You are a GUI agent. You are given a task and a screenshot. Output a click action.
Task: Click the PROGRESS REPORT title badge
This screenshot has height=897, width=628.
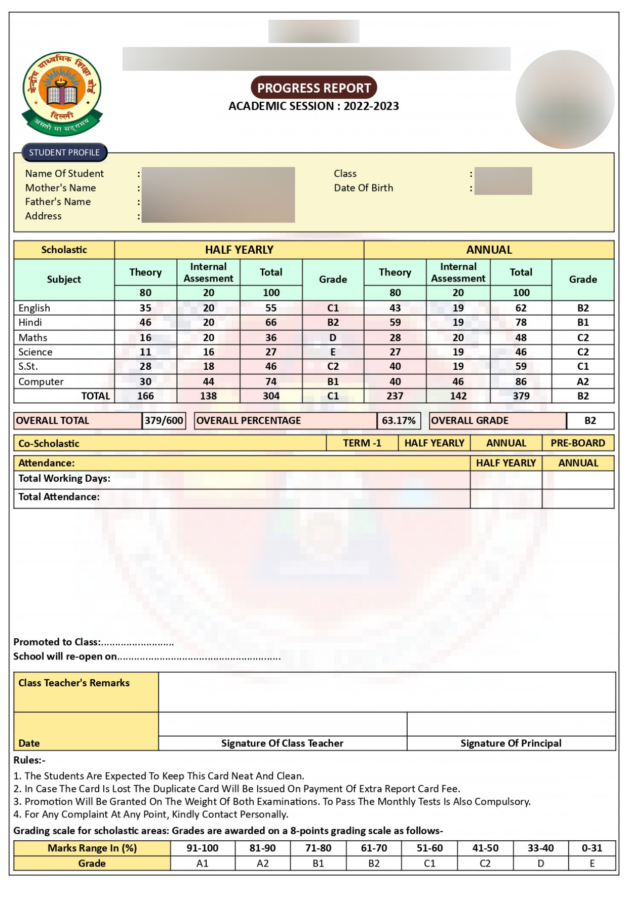pyautogui.click(x=313, y=88)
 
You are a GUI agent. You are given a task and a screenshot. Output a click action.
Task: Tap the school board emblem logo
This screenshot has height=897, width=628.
pyautogui.click(x=62, y=94)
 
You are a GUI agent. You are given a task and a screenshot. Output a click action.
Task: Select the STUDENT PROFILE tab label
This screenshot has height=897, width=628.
pyautogui.click(x=64, y=152)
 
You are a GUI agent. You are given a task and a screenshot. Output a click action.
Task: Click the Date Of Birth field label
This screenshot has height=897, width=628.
pyautogui.click(x=363, y=188)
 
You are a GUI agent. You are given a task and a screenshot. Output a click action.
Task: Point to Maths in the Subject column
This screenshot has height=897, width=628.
pyautogui.click(x=33, y=337)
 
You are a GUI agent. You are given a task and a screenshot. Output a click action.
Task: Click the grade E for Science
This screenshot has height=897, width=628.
pyautogui.click(x=333, y=352)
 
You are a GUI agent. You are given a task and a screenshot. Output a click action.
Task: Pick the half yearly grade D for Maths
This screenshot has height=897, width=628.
pyautogui.click(x=333, y=337)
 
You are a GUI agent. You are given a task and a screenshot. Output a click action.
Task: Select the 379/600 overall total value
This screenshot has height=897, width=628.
pyautogui.click(x=164, y=420)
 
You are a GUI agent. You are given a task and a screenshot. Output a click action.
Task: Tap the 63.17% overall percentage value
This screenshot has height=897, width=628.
pyautogui.click(x=399, y=420)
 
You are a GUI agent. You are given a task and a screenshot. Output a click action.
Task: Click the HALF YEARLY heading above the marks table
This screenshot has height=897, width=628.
pyautogui.click(x=239, y=250)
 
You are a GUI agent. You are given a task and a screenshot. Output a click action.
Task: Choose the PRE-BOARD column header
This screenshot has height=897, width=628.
pyautogui.click(x=578, y=443)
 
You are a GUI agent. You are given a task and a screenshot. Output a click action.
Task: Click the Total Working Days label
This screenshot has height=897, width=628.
pyautogui.click(x=64, y=479)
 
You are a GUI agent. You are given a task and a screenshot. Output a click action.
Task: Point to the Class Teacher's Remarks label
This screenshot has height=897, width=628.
pyautogui.click(x=74, y=683)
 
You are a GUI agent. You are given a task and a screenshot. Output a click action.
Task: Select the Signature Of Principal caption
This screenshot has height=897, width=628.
pyautogui.click(x=511, y=743)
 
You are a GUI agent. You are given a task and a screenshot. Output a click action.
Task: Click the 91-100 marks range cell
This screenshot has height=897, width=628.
pyautogui.click(x=202, y=848)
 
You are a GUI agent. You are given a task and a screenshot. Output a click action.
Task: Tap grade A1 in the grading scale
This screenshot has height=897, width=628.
pyautogui.click(x=202, y=863)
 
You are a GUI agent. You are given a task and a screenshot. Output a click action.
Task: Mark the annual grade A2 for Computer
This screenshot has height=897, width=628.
pyautogui.click(x=583, y=381)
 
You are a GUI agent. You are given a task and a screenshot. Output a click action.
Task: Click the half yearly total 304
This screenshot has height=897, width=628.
pyautogui.click(x=271, y=396)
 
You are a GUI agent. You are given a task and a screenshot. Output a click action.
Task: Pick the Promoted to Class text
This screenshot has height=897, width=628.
pyautogui.click(x=57, y=642)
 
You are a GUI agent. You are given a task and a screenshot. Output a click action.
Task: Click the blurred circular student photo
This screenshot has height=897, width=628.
pyautogui.click(x=565, y=99)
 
